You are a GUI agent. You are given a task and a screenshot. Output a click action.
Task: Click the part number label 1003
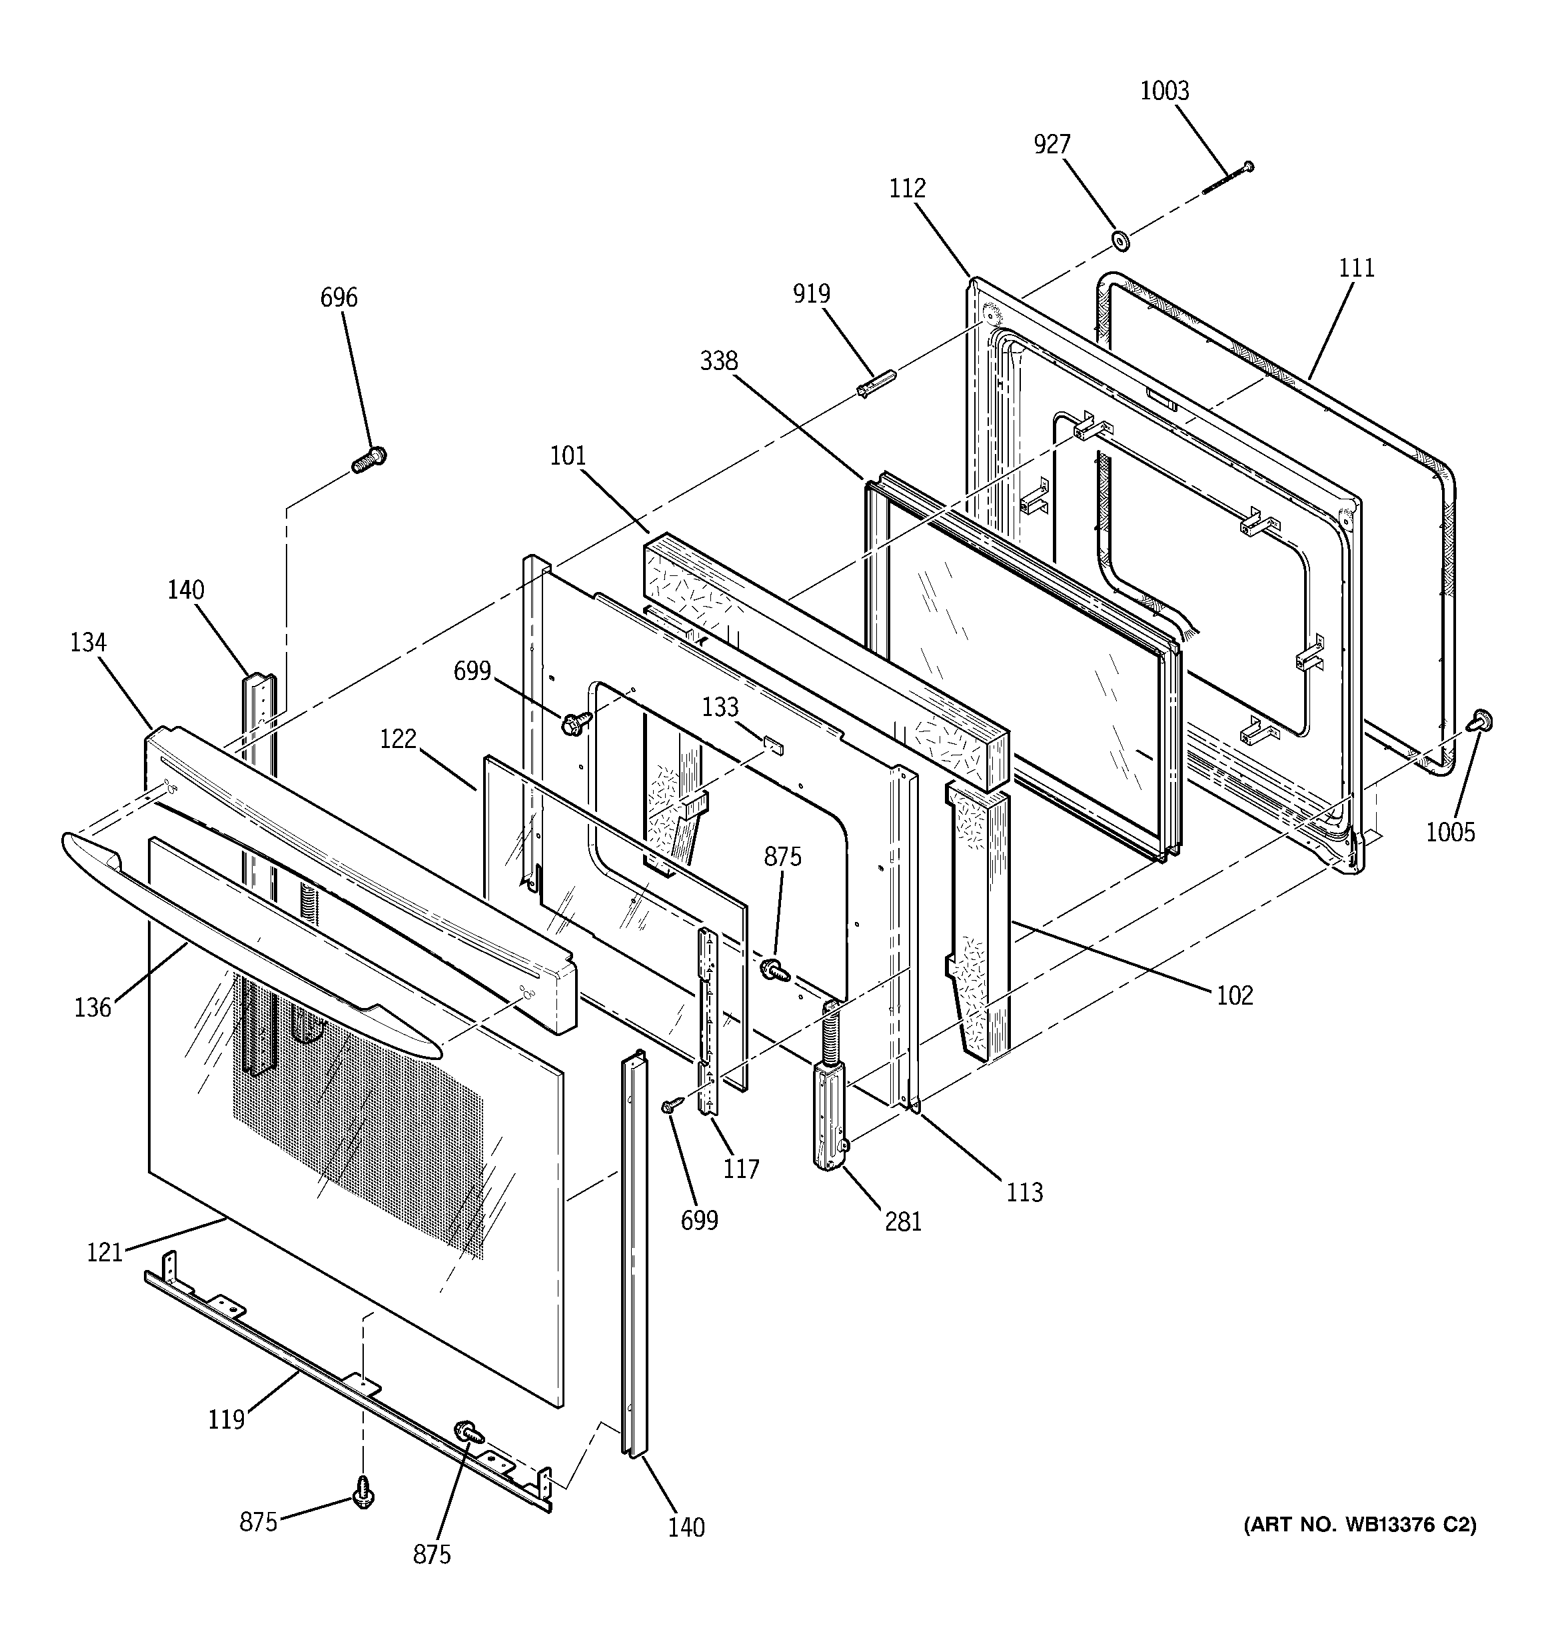[x=1164, y=91]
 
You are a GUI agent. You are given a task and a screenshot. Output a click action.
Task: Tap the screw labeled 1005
[x=1481, y=721]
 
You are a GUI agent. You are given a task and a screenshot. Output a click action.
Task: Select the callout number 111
[x=1356, y=268]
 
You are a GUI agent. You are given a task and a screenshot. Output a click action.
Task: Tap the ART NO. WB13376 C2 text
[x=1359, y=1525]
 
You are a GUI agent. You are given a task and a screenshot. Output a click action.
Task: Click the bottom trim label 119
[x=226, y=1420]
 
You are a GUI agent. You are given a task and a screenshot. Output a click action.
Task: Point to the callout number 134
[x=88, y=643]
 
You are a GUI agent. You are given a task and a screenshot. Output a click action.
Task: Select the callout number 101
[x=568, y=455]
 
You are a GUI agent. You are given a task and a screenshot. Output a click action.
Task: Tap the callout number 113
[x=1024, y=1193]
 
